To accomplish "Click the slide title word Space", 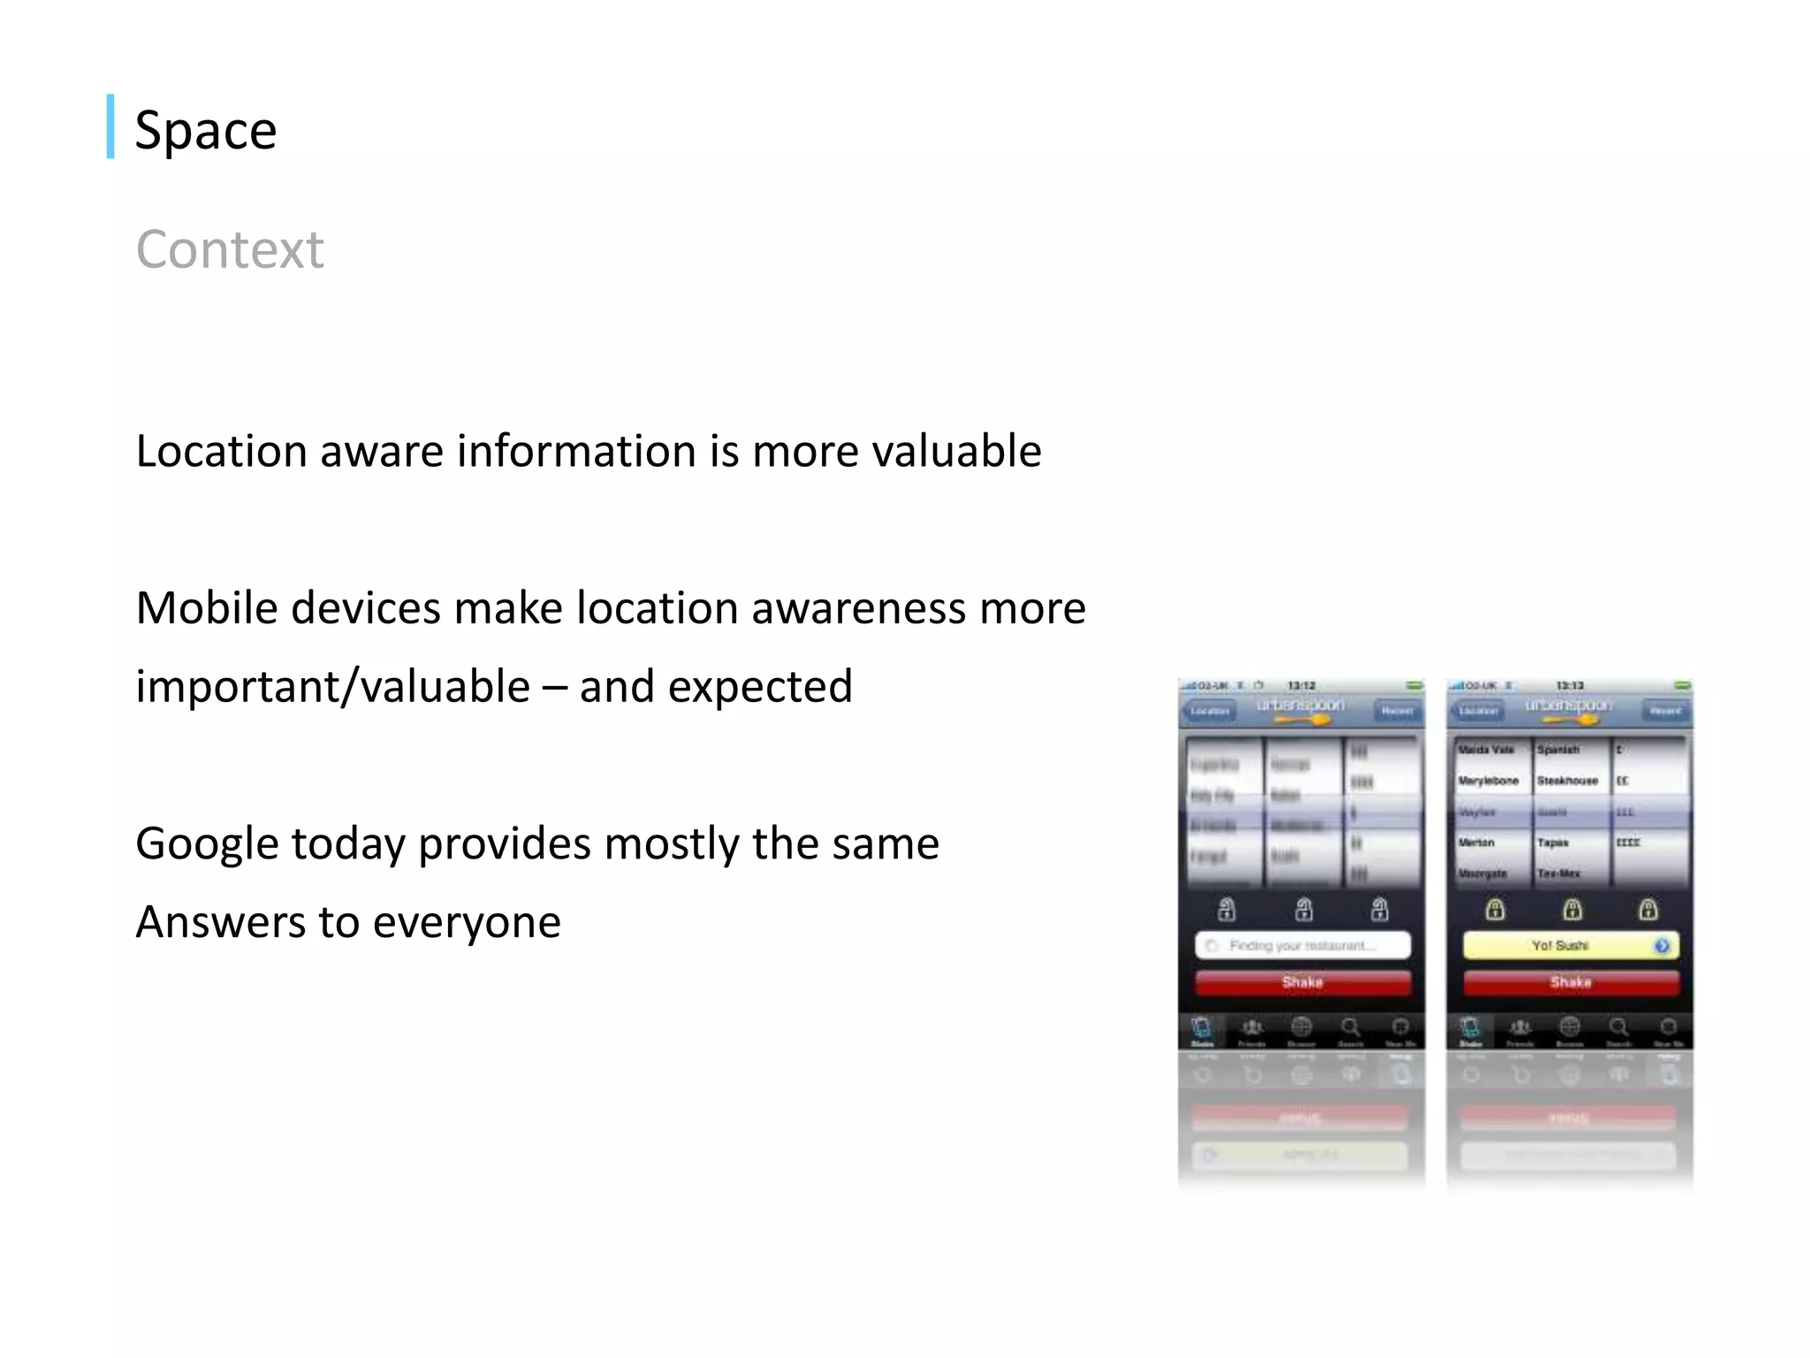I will click(x=205, y=131).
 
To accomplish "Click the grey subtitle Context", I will click(x=230, y=249).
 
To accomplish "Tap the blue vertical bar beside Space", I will click(x=110, y=126).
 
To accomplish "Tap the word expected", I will click(x=760, y=687).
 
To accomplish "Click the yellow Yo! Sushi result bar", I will click(x=1560, y=946).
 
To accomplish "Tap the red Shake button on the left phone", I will click(x=1302, y=982).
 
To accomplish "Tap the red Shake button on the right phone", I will click(x=1570, y=982).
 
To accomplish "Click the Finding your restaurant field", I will click(x=1302, y=946).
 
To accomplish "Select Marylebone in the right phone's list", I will click(x=1488, y=781).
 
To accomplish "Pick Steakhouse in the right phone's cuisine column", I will click(x=1567, y=781).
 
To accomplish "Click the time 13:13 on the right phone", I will click(x=1570, y=685).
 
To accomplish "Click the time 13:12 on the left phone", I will click(x=1301, y=685).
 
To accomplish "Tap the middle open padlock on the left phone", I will click(x=1304, y=909).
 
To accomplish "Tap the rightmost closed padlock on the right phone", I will click(x=1647, y=909).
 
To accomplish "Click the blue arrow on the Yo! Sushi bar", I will click(x=1662, y=946).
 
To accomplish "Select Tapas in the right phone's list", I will click(x=1552, y=843).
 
